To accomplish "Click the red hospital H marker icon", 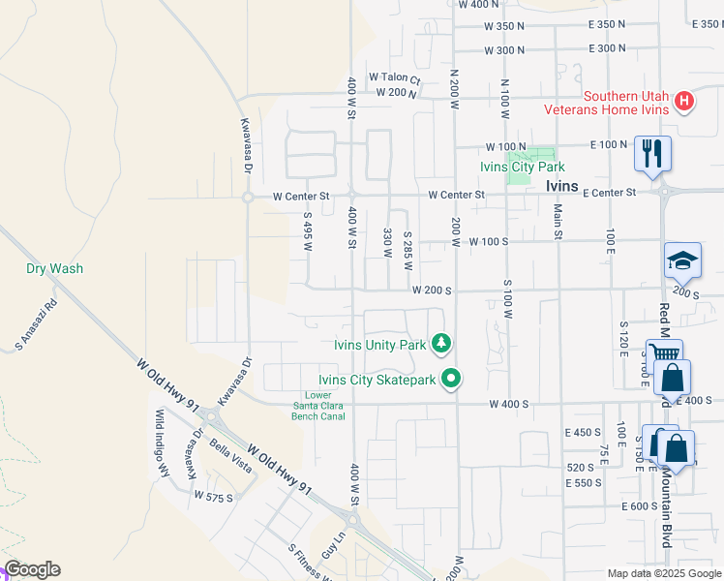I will point(684,101).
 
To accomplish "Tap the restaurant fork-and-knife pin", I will point(651,152).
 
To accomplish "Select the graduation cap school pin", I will point(681,260).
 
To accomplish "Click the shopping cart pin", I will point(664,355).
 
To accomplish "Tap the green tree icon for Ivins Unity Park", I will point(441,344).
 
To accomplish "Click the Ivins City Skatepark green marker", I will point(450,380).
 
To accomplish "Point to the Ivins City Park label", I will point(521,167).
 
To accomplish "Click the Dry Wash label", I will point(54,268).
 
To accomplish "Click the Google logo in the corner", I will point(32,569).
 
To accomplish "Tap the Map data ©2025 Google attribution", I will point(664,573).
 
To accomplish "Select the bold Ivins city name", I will point(561,186).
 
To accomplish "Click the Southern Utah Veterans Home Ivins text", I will point(625,103).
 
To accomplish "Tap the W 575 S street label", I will point(213,496).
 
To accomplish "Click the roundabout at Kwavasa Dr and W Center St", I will point(247,197).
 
